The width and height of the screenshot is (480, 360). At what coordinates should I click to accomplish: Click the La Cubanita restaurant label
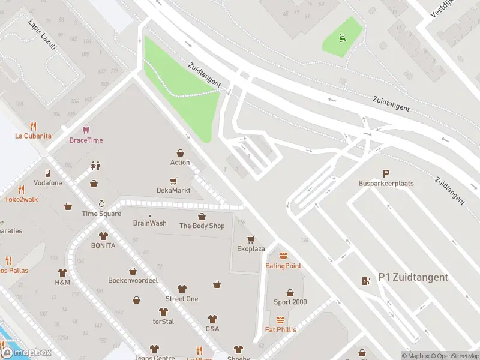tap(33, 136)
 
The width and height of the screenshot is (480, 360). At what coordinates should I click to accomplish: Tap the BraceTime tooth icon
tap(86, 130)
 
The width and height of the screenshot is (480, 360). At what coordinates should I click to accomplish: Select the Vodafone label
tap(47, 183)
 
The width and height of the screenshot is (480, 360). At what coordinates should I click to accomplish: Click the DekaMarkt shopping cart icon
tap(173, 180)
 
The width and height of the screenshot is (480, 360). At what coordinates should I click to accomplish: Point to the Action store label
tap(180, 163)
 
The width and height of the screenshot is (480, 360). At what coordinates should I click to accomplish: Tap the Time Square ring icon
tap(101, 203)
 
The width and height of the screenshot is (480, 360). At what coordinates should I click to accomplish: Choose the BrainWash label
tap(149, 223)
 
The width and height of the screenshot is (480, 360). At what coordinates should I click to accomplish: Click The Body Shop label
tap(202, 226)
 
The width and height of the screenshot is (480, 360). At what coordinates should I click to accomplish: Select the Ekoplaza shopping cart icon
tap(251, 239)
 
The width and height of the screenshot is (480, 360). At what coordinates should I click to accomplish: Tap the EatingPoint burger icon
tap(283, 256)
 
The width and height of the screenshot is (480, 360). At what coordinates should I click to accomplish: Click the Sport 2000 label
tap(290, 302)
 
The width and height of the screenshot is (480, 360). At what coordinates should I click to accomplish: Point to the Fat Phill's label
tap(281, 330)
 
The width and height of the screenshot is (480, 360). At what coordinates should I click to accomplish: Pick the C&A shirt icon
tap(212, 319)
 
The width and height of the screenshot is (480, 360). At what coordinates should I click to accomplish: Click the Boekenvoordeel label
tap(133, 280)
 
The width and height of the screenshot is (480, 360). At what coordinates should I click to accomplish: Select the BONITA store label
tap(103, 246)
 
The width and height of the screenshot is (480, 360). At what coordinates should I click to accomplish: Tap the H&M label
tap(62, 282)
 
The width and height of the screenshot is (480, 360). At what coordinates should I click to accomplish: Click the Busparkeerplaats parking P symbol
tap(386, 173)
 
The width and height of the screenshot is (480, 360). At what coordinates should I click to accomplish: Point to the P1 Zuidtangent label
tap(413, 277)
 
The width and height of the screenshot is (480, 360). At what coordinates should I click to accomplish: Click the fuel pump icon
tap(366, 281)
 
